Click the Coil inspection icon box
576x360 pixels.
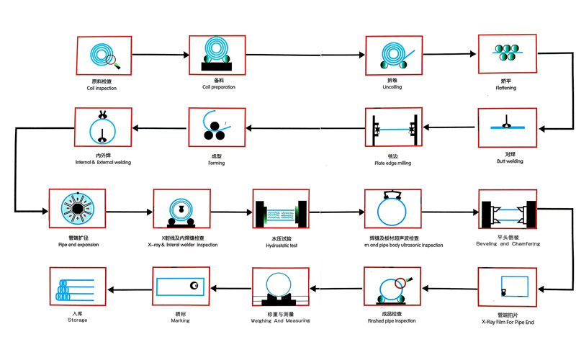104,55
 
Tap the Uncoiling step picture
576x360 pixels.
393,56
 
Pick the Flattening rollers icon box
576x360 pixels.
506,55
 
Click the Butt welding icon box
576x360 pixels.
506,128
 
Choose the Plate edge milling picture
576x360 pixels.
393,130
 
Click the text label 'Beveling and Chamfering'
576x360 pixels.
507,244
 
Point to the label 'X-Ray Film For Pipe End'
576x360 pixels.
506,321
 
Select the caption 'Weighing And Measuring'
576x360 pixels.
281,320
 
